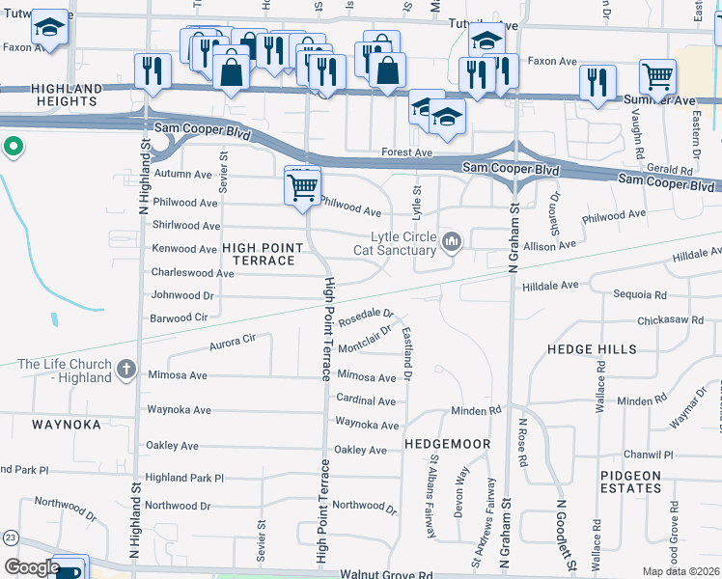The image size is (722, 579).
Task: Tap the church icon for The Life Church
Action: point(125,369)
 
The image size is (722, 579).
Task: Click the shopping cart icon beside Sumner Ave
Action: point(657,76)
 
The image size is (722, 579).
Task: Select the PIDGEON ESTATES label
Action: point(630,482)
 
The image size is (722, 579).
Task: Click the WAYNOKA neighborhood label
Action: point(66,424)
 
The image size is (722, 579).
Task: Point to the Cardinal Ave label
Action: point(366,400)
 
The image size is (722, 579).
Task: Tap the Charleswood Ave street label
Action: point(193,273)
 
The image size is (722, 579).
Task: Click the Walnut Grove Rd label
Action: point(385,575)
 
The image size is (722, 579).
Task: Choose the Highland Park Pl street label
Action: point(183,478)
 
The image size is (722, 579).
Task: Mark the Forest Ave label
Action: point(406,152)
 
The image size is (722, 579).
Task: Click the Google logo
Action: point(32,567)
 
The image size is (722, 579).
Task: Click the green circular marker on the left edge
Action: point(13,148)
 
